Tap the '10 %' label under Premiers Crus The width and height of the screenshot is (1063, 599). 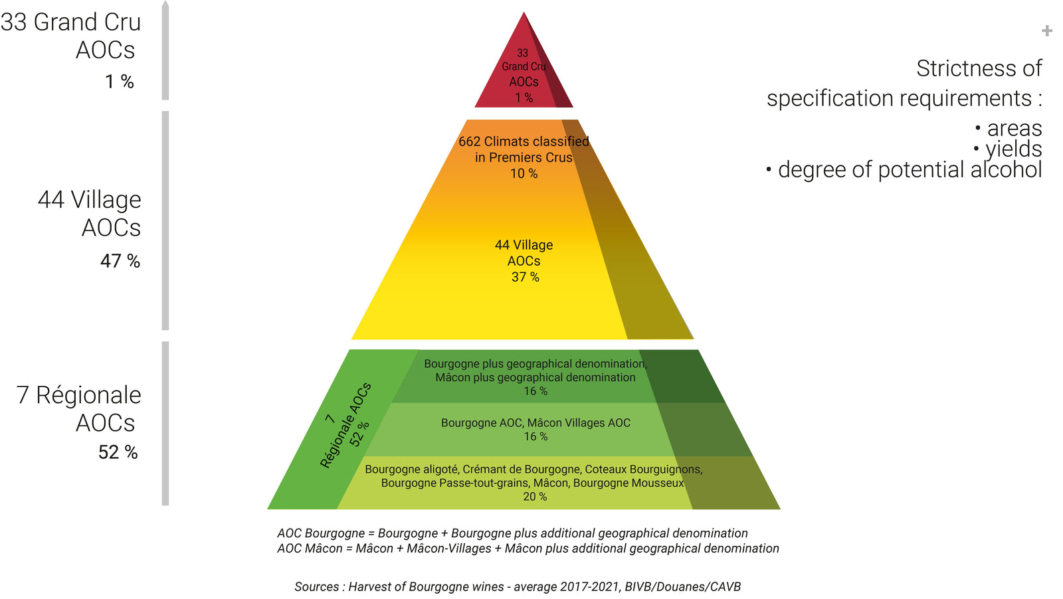[x=524, y=173]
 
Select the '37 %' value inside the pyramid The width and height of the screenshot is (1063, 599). [x=525, y=277]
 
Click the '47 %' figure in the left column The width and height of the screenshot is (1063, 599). [x=120, y=261]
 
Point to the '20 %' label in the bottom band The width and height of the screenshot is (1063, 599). [x=535, y=497]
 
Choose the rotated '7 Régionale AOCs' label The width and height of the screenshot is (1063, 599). [x=345, y=425]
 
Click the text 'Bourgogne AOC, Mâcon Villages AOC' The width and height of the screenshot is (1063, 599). [x=535, y=422]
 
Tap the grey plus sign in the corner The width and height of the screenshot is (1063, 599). [x=1047, y=31]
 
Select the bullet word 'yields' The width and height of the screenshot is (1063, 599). [x=1013, y=149]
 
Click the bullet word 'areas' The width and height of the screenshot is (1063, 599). [x=1014, y=128]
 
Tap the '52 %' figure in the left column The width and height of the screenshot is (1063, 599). [x=118, y=452]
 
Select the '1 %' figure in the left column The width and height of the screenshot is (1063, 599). [x=120, y=82]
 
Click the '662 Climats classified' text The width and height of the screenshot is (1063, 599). [x=524, y=141]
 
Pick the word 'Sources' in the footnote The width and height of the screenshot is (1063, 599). [x=318, y=586]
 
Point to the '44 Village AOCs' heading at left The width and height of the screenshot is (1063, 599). [x=90, y=213]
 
